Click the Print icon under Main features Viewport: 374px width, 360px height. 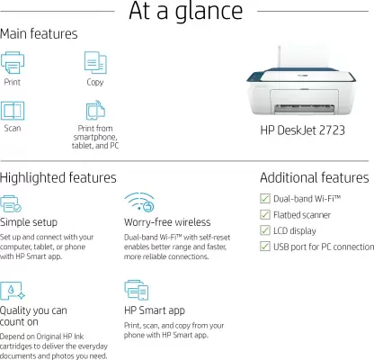click(13, 62)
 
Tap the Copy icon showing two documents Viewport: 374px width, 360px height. click(95, 62)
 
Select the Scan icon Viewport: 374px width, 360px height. click(13, 111)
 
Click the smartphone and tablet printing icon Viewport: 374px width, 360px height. click(95, 110)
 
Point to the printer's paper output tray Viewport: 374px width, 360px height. click(304, 108)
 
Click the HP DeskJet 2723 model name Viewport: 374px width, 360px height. click(302, 130)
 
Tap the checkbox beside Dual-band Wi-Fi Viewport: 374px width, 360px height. click(265, 198)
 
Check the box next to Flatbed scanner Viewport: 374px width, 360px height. click(265, 214)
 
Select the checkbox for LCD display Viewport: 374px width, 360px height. click(265, 230)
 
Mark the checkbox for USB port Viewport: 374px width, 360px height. click(265, 247)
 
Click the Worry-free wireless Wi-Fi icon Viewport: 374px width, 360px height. click(139, 202)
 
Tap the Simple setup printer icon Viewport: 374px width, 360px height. click(11, 203)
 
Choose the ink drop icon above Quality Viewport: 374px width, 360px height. click(12, 291)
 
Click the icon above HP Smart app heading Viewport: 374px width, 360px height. click(137, 290)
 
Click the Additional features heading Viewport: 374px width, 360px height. click(315, 177)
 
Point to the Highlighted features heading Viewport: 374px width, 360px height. click(58, 178)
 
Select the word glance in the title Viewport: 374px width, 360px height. click(209, 12)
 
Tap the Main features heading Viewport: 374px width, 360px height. click(39, 33)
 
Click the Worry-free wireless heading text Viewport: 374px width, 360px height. click(167, 222)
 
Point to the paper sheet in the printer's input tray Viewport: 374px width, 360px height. click(302, 57)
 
